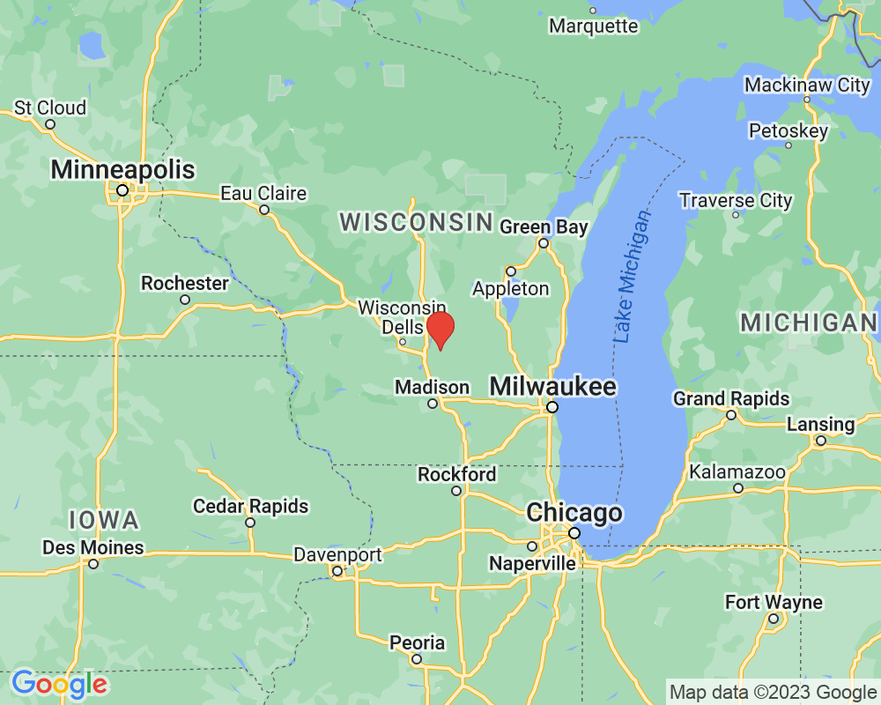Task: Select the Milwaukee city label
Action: (552, 386)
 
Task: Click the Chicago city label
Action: (574, 513)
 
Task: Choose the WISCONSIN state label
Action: (416, 222)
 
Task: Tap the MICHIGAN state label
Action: (809, 323)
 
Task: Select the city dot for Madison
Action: (433, 404)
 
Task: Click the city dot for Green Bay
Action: (544, 243)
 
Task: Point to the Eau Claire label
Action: (263, 193)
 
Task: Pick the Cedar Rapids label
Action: (251, 507)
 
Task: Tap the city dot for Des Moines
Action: (93, 563)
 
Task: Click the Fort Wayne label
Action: (774, 603)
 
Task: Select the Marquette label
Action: (593, 26)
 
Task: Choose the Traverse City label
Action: (736, 201)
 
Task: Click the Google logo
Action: (59, 683)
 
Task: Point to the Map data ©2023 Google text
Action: (774, 693)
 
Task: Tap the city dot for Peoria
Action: (417, 658)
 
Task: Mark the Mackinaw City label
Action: (807, 85)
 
